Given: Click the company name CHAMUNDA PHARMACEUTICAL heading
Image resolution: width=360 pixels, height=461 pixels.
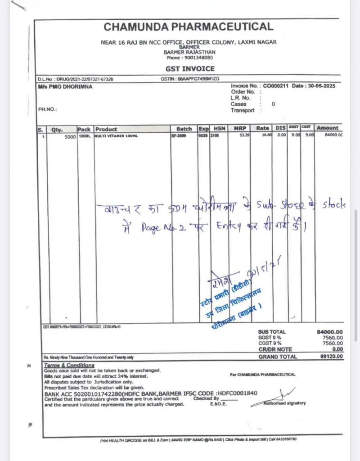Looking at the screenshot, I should point(188,27).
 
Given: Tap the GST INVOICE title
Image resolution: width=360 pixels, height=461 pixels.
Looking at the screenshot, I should point(190,69).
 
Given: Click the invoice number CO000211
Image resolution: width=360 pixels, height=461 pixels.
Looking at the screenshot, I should point(275,86).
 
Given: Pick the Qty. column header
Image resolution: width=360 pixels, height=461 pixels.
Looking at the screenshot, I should point(57,129).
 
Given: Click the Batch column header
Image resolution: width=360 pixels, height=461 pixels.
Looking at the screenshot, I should point(184,129).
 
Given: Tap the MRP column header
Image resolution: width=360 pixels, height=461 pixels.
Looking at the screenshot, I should point(240,129).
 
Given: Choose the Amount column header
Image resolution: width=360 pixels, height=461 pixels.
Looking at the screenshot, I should point(327,128).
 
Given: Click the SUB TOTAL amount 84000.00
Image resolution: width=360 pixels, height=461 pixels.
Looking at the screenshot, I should point(329,332).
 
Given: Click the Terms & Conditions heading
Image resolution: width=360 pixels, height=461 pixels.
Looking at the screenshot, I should point(69,365).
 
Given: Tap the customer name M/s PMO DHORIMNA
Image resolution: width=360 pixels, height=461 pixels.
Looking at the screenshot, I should point(65,87).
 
